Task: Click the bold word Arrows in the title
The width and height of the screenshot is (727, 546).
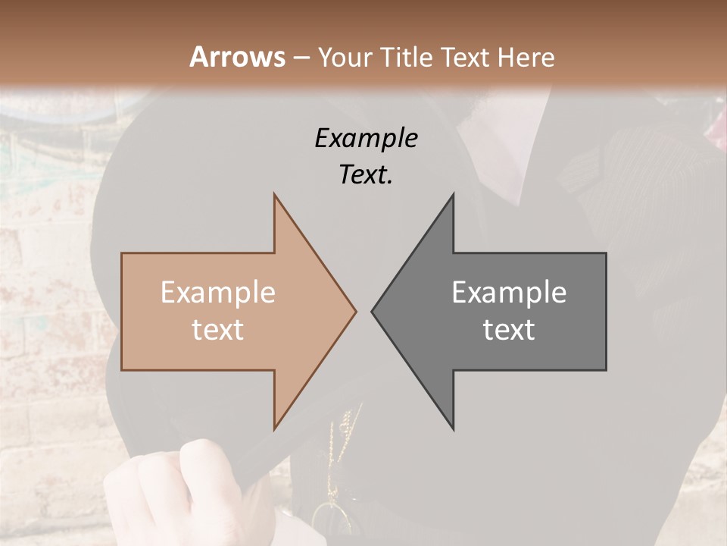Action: click(237, 57)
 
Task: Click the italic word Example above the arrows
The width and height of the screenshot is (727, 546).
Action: click(367, 138)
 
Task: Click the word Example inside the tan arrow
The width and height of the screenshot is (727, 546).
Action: click(218, 292)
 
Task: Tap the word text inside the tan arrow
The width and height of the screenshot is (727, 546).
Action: click(218, 330)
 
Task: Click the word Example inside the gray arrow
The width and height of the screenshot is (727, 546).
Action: click(509, 292)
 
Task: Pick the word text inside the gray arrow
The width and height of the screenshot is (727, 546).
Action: click(509, 330)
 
